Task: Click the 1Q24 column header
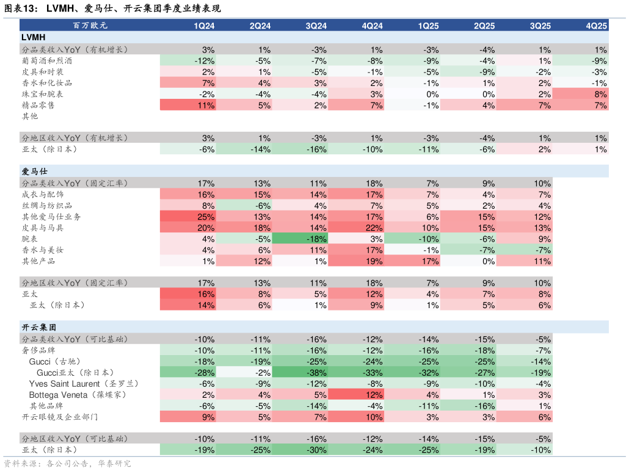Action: [204, 26]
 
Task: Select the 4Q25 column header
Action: [596, 26]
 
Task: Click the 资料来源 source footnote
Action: [67, 464]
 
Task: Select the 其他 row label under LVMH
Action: [30, 117]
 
